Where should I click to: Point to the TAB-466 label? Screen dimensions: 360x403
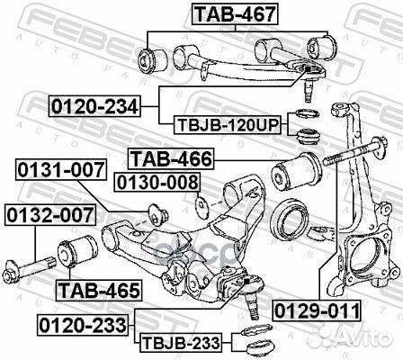pyautogui.click(x=170, y=159)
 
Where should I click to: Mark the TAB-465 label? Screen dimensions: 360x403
pyautogui.click(x=98, y=290)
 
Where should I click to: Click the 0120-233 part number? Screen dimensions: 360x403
pyautogui.click(x=83, y=321)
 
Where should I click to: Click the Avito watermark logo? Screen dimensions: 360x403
pyautogui.click(x=369, y=338)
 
